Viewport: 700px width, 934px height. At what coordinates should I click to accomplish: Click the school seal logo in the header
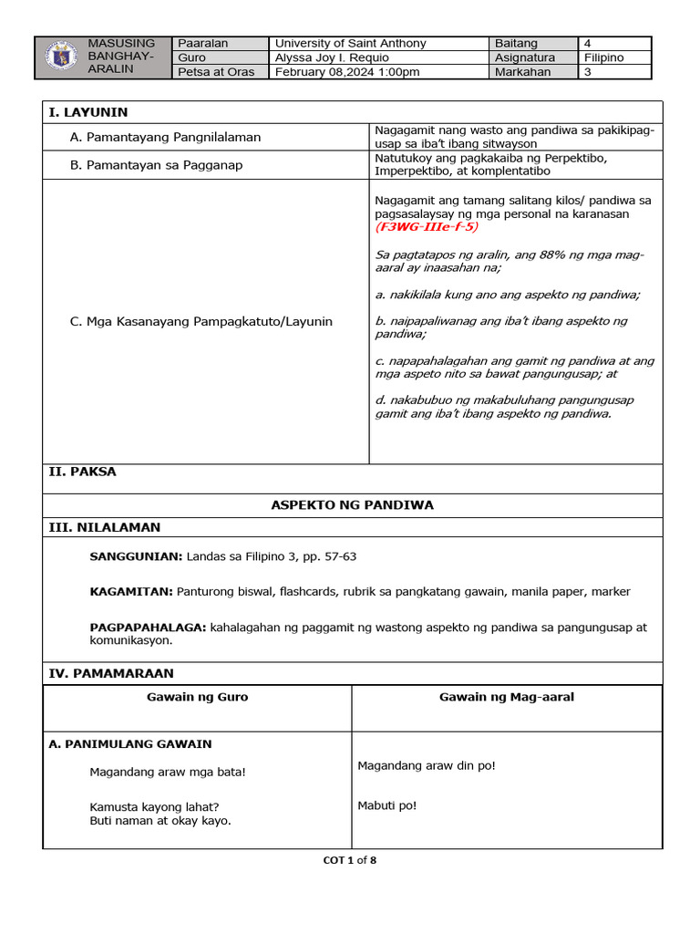click(x=61, y=57)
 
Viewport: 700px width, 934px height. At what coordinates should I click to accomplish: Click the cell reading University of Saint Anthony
click(x=351, y=43)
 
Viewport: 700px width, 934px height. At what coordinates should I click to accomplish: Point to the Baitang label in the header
click(x=516, y=43)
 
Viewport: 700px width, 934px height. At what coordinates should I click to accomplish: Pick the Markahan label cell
click(x=522, y=72)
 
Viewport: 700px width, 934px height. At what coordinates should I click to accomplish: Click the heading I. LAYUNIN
click(x=88, y=112)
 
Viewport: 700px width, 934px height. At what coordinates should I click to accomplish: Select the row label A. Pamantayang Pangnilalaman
click(x=165, y=137)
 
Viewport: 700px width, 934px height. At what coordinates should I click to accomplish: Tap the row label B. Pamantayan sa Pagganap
click(x=156, y=164)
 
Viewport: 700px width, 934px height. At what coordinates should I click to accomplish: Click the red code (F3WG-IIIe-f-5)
click(x=427, y=227)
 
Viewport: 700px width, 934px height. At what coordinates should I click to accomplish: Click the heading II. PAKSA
click(x=82, y=472)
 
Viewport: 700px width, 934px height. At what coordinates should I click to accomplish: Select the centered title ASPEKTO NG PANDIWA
click(x=352, y=504)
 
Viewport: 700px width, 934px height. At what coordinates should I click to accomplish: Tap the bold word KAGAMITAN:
click(x=131, y=592)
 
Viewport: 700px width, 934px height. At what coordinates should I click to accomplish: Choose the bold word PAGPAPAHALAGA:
click(x=149, y=628)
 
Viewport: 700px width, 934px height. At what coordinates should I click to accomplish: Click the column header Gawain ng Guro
click(x=197, y=697)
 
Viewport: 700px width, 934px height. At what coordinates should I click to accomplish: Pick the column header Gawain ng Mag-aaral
click(x=506, y=697)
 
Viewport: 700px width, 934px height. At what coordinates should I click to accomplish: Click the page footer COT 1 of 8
click(x=350, y=859)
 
